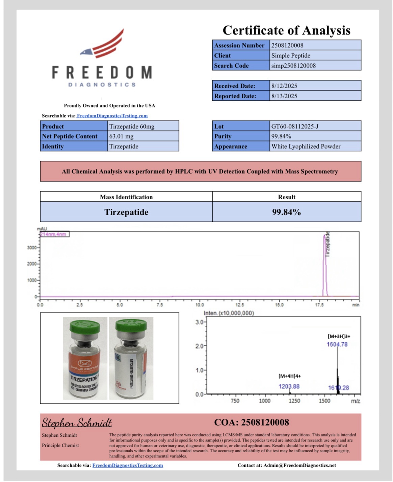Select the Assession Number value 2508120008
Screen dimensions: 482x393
(x=287, y=45)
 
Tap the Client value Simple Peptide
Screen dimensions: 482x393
(x=291, y=55)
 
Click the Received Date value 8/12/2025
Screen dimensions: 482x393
(x=284, y=86)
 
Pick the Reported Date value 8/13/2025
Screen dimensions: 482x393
(x=284, y=96)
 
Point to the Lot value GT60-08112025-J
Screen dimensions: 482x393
(x=295, y=126)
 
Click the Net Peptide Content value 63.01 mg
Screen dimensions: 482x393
(x=121, y=136)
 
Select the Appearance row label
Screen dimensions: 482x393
(x=231, y=147)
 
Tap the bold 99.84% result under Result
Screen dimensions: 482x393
(x=286, y=212)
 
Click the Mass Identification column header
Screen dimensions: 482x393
(x=126, y=197)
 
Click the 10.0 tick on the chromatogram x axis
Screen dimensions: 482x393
(x=200, y=305)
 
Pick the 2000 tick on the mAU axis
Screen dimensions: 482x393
(x=32, y=264)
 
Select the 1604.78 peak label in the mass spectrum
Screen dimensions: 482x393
(x=337, y=344)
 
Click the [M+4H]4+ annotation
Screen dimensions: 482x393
(x=290, y=376)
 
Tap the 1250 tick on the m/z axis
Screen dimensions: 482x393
(x=294, y=401)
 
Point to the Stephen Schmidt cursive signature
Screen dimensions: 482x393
(x=77, y=423)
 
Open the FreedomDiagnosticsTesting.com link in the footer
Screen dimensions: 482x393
(x=128, y=465)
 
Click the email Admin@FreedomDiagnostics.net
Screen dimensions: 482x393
(x=299, y=465)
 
